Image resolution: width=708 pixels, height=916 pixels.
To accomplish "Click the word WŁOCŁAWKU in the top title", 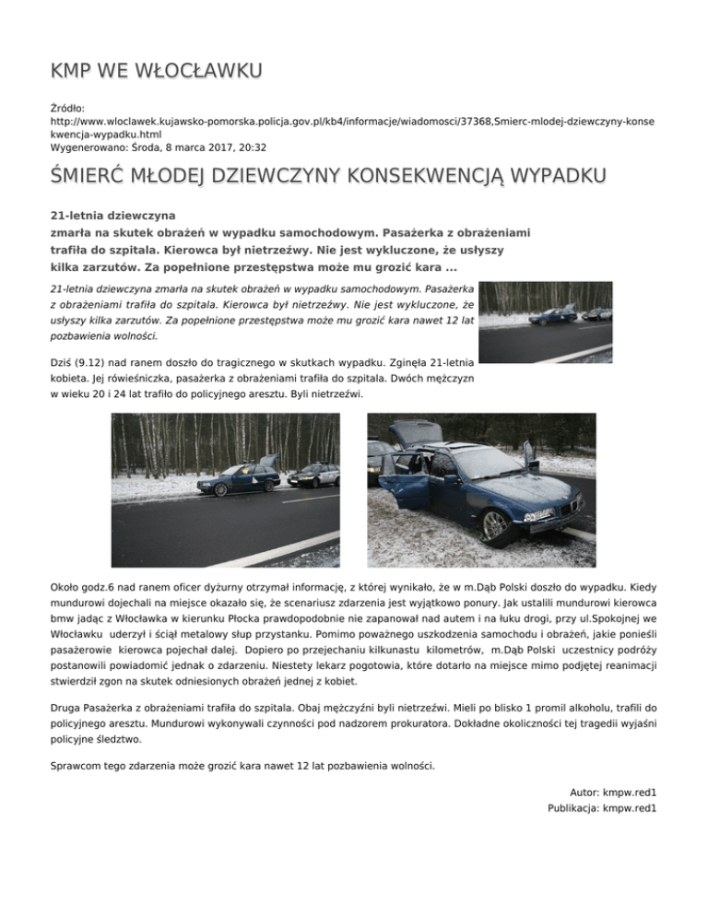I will click(x=197, y=71).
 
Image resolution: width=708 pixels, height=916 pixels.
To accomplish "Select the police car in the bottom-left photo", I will click(x=314, y=475).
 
